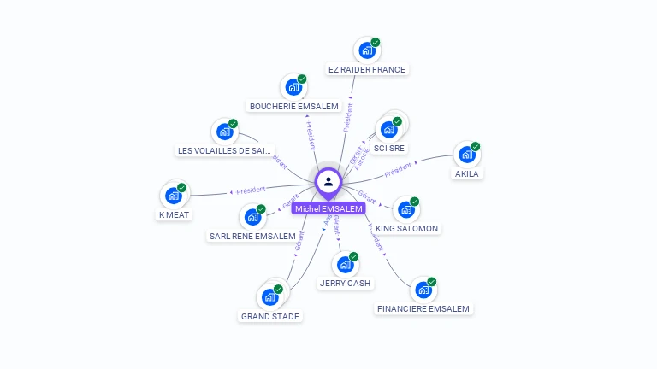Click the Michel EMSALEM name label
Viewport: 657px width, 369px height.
click(328, 208)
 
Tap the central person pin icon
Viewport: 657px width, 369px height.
click(328, 181)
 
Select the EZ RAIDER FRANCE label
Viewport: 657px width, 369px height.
click(367, 69)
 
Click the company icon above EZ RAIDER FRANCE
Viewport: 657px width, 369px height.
click(367, 50)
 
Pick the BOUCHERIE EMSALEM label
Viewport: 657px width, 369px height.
click(294, 106)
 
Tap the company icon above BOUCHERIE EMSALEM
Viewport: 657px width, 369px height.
click(293, 87)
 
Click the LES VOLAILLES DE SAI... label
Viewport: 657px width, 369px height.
click(224, 150)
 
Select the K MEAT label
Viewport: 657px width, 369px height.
click(174, 214)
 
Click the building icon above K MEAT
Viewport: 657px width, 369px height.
click(174, 196)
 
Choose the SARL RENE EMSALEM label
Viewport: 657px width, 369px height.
click(252, 236)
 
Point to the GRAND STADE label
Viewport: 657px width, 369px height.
click(270, 316)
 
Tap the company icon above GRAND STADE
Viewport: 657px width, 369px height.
click(270, 297)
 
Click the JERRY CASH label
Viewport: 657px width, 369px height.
click(345, 283)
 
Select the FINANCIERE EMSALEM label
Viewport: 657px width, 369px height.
click(423, 308)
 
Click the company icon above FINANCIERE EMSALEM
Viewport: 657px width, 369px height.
click(423, 290)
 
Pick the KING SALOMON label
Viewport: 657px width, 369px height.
click(406, 228)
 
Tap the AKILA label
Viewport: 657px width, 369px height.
click(467, 173)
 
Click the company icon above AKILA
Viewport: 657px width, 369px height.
click(467, 155)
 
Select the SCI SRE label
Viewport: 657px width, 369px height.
click(389, 148)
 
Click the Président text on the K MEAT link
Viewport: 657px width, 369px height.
click(251, 190)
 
